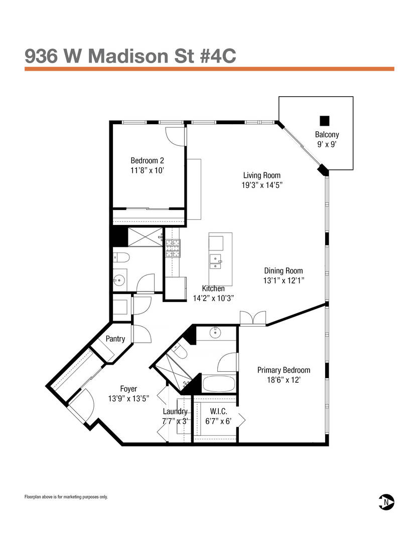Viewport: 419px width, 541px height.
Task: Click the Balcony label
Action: (x=327, y=134)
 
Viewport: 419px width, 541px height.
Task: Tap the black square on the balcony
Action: (x=325, y=121)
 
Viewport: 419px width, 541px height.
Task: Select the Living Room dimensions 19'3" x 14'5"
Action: (x=261, y=185)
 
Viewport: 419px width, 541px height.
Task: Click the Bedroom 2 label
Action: (x=147, y=161)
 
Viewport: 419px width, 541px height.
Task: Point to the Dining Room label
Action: (x=284, y=271)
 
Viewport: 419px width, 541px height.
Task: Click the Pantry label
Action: (x=115, y=339)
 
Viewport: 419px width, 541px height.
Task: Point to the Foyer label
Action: (x=128, y=389)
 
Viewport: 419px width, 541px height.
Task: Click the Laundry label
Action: (x=175, y=412)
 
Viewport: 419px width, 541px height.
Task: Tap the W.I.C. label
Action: (x=219, y=411)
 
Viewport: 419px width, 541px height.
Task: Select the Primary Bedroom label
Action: (x=284, y=370)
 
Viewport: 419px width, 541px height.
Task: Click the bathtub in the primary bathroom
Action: (x=218, y=385)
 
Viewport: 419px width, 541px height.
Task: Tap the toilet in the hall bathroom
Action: (x=122, y=258)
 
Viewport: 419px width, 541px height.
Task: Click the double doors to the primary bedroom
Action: (x=252, y=318)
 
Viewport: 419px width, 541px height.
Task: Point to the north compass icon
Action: (x=386, y=501)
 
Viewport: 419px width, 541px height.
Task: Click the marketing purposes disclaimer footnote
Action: (x=66, y=497)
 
